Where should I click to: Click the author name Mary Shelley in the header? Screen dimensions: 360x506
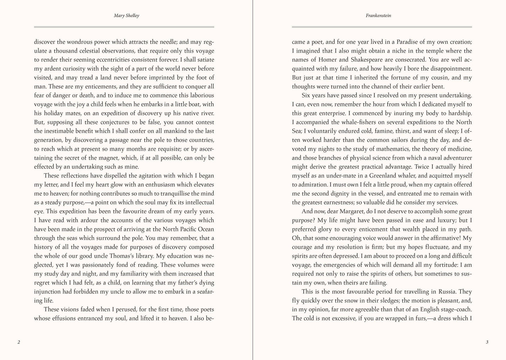pos(126,16)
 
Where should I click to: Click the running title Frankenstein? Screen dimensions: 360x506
pos(378,16)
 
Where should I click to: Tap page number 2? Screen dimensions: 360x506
pos(19,342)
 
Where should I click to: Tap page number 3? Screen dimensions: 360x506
pos(487,342)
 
